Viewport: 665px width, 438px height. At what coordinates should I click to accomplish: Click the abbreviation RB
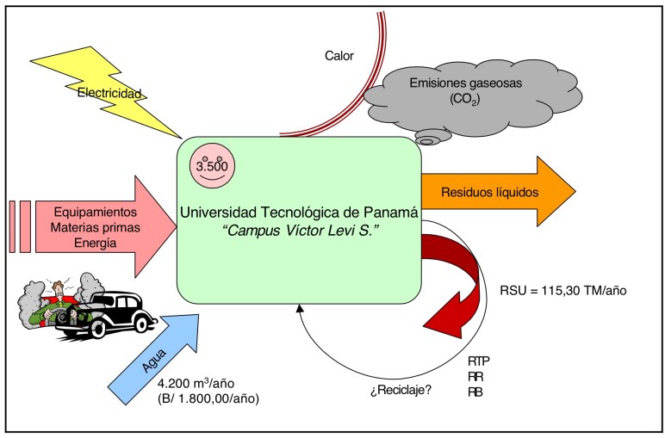point(474,392)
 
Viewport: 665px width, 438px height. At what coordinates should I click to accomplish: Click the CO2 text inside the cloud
point(463,99)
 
